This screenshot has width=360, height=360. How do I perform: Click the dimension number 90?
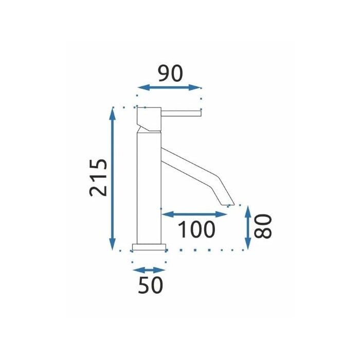(170, 74)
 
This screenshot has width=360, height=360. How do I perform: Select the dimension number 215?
(98, 177)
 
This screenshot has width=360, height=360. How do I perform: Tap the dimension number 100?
(196, 229)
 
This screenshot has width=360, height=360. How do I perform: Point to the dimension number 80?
(263, 226)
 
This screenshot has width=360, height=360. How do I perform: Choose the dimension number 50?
(150, 285)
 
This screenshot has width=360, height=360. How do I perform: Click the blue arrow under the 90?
(169, 87)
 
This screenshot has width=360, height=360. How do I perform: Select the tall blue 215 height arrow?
(112, 178)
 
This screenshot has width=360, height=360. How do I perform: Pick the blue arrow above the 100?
(194, 214)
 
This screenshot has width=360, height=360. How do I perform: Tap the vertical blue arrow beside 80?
(248, 227)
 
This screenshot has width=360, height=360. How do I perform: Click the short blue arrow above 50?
(149, 270)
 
